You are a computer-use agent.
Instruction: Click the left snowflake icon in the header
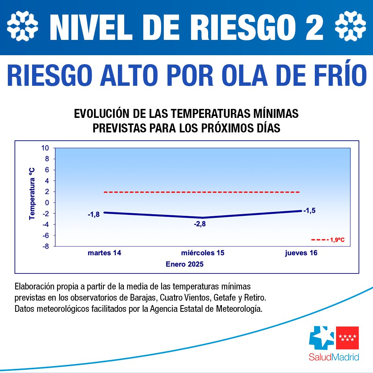[23, 26]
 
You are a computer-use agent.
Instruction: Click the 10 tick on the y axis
[45, 148]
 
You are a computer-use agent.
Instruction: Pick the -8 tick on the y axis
[45, 246]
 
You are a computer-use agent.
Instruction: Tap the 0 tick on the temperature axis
[47, 203]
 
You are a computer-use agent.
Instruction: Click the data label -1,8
[93, 215]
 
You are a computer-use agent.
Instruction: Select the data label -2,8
[200, 224]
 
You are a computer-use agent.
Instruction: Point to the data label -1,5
[309, 211]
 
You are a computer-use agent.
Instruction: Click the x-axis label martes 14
[104, 253]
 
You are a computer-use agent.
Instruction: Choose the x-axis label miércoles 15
[203, 253]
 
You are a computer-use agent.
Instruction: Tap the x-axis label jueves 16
[301, 253]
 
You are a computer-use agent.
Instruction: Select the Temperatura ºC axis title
[32, 193]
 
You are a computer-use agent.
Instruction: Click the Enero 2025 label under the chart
[185, 264]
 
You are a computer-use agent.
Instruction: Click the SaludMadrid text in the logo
[334, 357]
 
